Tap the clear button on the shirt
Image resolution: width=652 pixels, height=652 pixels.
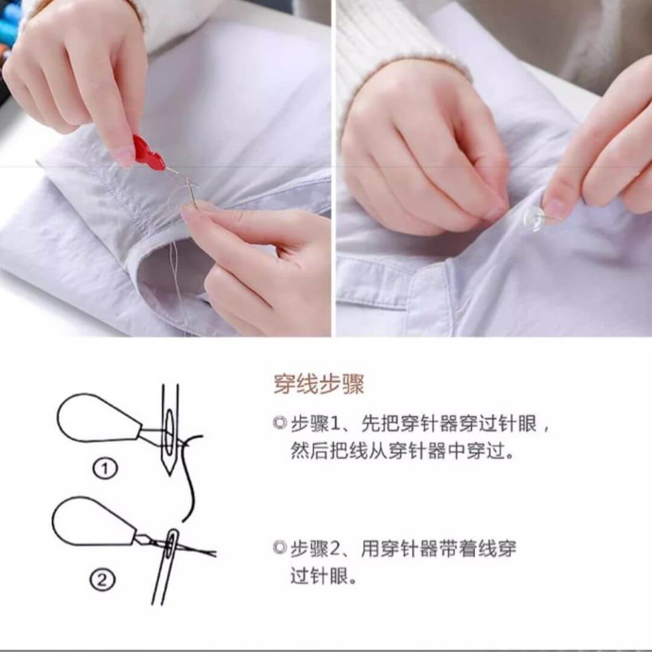534,219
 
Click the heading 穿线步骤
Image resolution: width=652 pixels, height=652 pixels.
319,384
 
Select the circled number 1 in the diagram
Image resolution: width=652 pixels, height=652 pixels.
105,468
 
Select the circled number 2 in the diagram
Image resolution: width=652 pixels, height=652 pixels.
102,579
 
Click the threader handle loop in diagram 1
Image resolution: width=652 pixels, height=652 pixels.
100,418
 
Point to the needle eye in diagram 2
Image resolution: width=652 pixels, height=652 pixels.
171,543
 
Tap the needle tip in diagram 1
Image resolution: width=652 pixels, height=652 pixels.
170,474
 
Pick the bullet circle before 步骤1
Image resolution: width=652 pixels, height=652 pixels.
280,423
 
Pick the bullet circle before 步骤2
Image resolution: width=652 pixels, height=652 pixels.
280,548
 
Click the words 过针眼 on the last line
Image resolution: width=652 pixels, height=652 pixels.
319,577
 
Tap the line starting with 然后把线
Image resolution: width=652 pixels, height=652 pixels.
402,451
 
